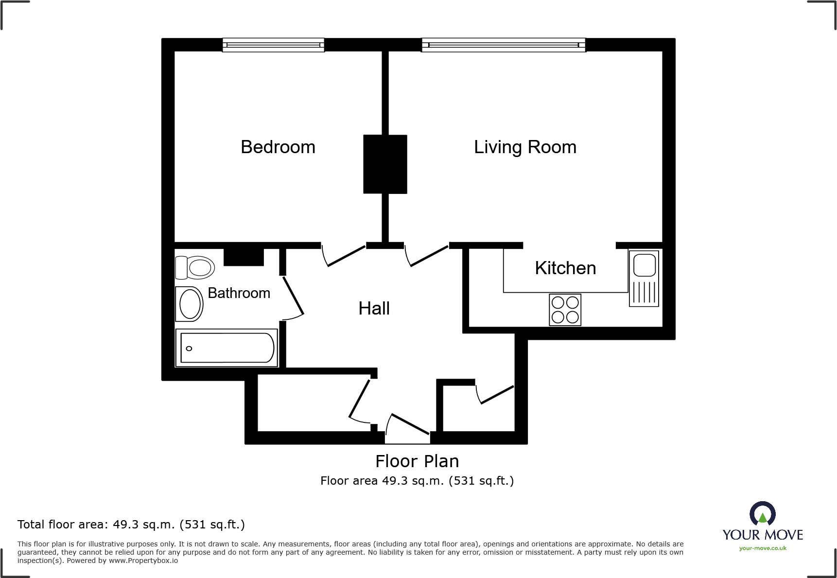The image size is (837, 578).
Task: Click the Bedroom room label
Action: point(278,147)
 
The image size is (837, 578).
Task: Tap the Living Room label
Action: point(525,147)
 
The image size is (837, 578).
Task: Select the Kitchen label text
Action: point(565,268)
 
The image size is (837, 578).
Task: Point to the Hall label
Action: point(374,308)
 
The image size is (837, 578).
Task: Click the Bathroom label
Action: point(239,293)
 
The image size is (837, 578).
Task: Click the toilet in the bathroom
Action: point(195,267)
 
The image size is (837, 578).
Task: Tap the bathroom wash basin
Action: point(190,304)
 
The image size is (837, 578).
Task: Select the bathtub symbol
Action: point(227,348)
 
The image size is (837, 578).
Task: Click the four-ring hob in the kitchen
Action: point(565,310)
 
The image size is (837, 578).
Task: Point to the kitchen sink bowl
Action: point(644,265)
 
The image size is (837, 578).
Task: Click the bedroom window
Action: point(273,45)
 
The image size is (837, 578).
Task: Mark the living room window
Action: point(504,45)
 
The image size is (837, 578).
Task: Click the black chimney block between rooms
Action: point(385,164)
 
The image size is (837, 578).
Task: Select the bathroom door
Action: point(294,296)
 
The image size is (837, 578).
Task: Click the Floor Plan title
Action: point(417,461)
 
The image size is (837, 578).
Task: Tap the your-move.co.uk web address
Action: point(763,548)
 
